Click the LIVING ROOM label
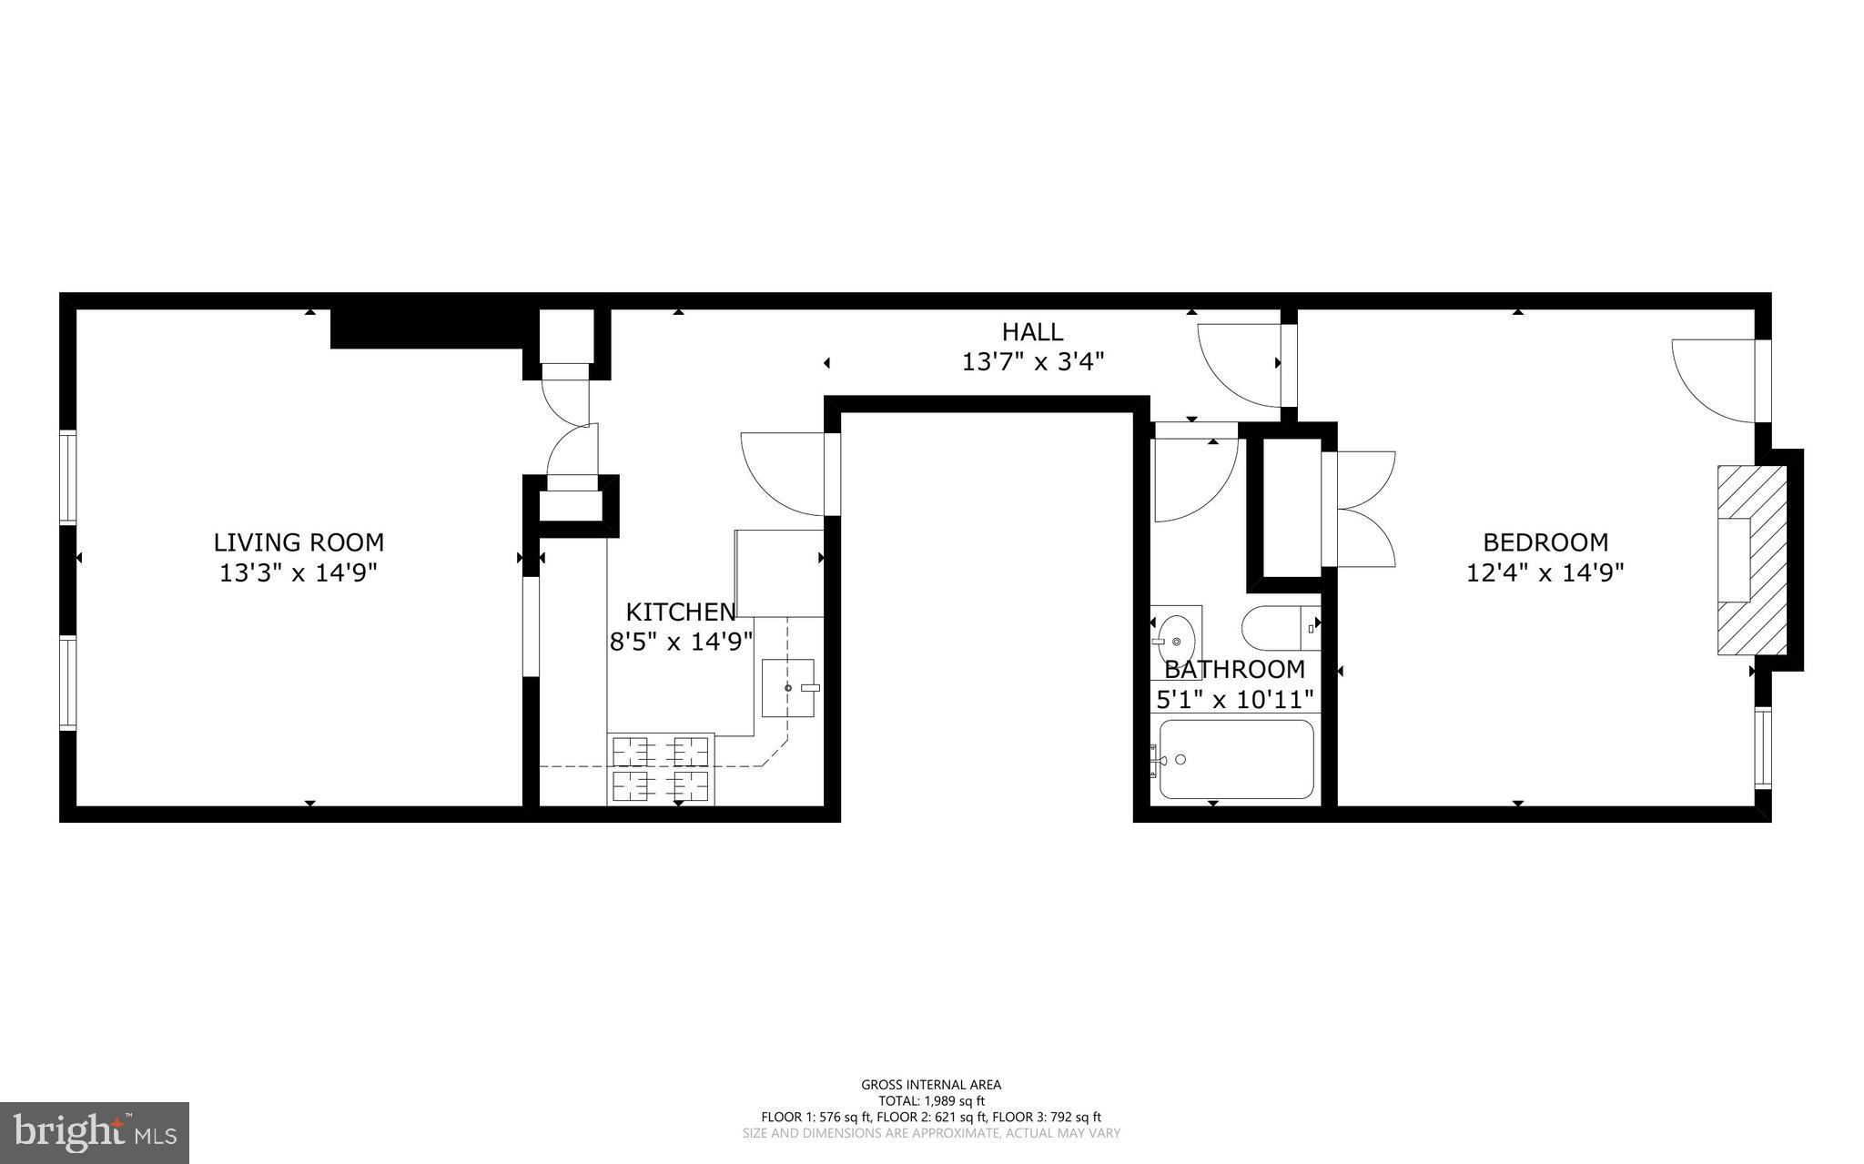299,542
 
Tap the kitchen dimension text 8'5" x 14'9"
681,642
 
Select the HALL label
1032,331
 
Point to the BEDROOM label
1545,542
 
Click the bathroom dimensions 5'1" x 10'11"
1235,700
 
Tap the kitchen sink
789,688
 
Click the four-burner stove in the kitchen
661,769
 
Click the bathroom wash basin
1176,637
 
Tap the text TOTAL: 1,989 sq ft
931,1101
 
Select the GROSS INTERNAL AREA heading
931,1085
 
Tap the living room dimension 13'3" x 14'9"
299,573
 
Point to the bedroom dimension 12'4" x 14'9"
1545,573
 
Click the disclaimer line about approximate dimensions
931,1134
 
